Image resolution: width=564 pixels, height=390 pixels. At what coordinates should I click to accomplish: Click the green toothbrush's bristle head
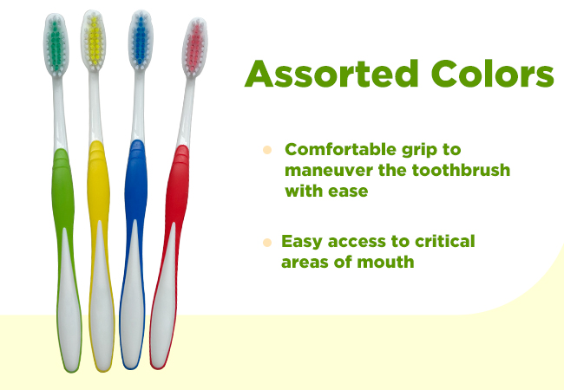(56, 45)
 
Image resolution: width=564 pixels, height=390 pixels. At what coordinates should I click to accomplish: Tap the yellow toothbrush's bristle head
(94, 41)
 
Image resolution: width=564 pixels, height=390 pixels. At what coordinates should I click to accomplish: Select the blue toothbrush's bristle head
(141, 40)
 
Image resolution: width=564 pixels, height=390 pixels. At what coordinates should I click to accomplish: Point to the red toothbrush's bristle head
(195, 47)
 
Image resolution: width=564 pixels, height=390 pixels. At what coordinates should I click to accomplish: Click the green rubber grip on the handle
(63, 201)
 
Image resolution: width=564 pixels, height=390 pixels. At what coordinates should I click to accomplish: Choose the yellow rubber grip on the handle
(99, 194)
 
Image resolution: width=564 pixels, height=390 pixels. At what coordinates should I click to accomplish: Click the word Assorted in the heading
(331, 74)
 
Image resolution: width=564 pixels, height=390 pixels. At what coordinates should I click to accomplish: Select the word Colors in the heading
(493, 74)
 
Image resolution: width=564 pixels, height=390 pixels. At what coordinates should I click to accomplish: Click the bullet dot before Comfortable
(267, 150)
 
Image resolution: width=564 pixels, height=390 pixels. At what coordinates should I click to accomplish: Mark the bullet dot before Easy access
(267, 243)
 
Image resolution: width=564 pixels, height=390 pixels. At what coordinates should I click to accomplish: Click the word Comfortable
(340, 149)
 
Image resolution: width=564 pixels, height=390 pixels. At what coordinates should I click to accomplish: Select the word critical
(445, 241)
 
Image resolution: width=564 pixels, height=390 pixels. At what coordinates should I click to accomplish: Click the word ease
(348, 192)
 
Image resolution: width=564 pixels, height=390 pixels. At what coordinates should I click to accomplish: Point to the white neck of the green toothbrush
(60, 114)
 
